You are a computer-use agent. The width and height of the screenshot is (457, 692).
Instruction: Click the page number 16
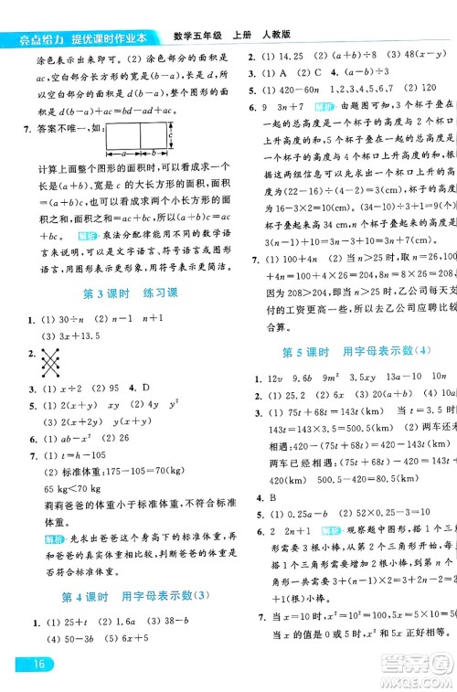[x=21, y=664]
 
